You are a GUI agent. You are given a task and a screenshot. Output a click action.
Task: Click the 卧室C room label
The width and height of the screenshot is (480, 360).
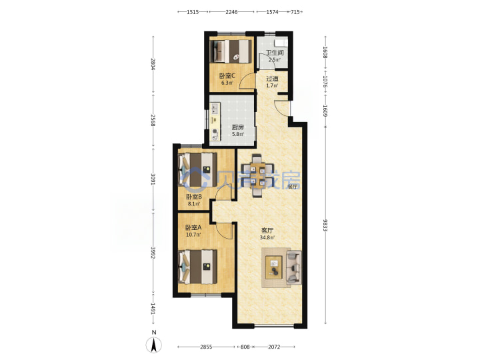click(x=227, y=75)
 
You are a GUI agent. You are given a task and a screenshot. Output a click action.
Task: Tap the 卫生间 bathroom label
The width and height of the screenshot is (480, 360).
click(x=275, y=53)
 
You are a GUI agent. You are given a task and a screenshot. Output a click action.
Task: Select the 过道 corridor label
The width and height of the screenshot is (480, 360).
click(x=272, y=79)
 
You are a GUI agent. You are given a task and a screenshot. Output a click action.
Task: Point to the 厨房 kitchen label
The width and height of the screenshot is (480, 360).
click(x=238, y=127)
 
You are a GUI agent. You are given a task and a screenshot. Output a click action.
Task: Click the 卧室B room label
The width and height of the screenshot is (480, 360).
click(x=194, y=197)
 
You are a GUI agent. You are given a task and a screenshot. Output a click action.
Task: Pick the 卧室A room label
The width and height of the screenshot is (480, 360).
click(x=193, y=228)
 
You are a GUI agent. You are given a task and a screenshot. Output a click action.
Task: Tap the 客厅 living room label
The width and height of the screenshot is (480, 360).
click(x=267, y=230)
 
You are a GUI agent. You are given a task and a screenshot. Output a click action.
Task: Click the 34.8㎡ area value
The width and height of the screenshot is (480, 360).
click(x=267, y=237)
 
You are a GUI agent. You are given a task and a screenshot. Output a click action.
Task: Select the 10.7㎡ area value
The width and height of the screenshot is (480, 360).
click(x=193, y=235)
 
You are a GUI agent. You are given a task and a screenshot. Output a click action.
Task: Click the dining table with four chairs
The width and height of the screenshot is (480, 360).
click(x=257, y=176)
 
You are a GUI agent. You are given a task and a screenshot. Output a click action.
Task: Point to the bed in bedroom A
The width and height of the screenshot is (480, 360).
click(x=198, y=267)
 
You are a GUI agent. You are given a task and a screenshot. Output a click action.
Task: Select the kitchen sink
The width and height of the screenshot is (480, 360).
click(x=215, y=108)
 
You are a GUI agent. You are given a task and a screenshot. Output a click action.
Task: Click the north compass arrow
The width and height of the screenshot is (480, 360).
click(x=154, y=345)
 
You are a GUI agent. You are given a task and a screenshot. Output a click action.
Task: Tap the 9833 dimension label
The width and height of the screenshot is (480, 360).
click(x=325, y=225)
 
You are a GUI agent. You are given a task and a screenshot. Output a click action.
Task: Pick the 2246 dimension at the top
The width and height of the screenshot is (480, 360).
click(x=231, y=12)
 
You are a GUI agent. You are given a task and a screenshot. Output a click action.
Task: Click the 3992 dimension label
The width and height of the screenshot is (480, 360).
click(x=153, y=253)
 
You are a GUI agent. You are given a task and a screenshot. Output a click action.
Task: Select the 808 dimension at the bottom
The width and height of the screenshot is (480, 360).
click(x=245, y=347)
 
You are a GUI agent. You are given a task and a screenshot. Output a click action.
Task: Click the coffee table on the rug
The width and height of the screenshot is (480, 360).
click(x=274, y=267)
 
